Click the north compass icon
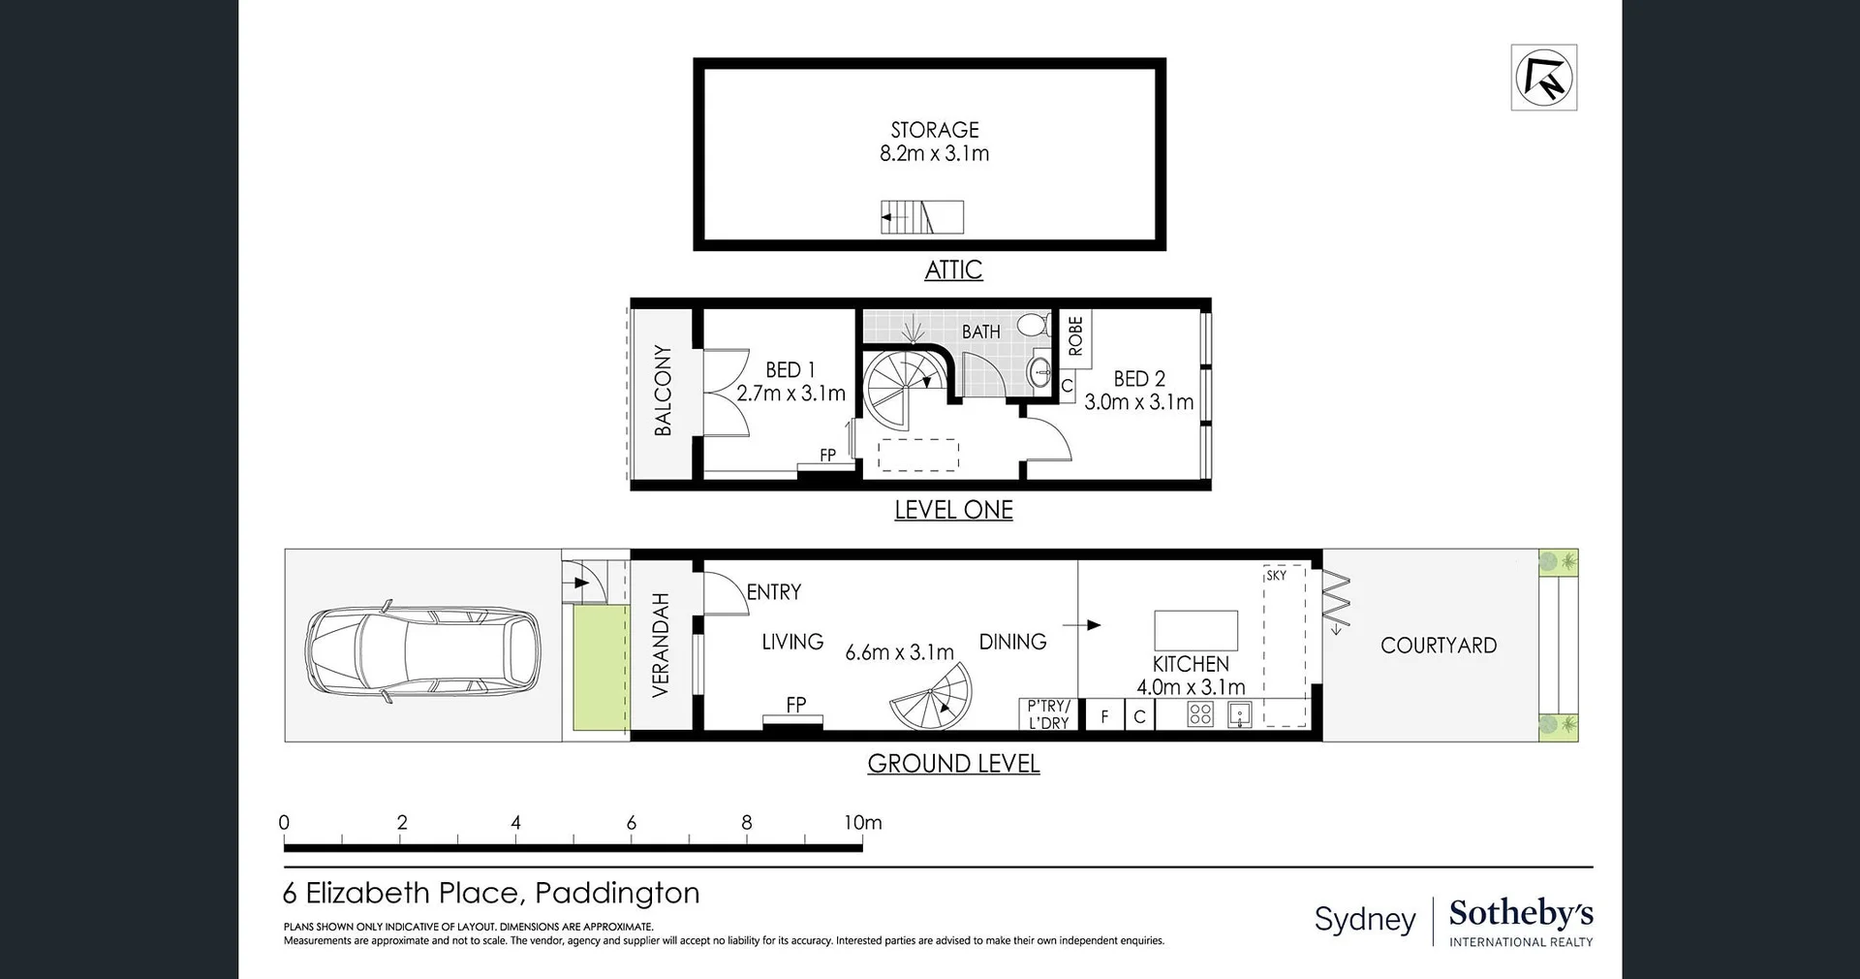tap(1543, 78)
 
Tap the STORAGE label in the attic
tap(935, 130)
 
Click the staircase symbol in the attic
tap(921, 217)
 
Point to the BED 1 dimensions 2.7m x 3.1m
tap(790, 394)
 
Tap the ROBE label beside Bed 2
tap(1075, 336)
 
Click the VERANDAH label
tap(661, 646)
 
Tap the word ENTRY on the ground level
tap(773, 592)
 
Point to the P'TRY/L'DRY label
tap(1048, 714)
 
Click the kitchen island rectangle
tap(1195, 630)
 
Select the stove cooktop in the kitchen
tap(1200, 715)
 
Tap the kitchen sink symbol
tap(1239, 715)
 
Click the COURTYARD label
tap(1438, 646)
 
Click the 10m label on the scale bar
tap(862, 823)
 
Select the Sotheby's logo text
tap(1521, 913)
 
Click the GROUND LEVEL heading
tap(953, 764)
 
